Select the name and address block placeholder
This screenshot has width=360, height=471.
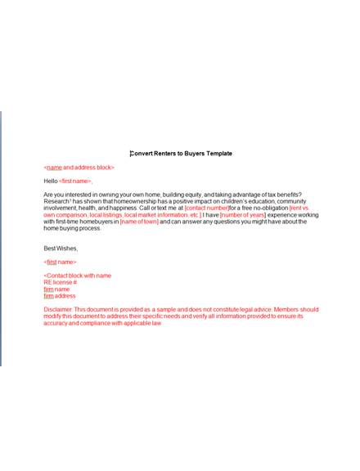pos(79,167)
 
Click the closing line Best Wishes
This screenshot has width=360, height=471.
pos(61,248)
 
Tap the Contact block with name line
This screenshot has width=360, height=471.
pos(77,276)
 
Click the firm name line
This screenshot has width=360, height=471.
pos(56,289)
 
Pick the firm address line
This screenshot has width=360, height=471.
pos(60,295)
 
